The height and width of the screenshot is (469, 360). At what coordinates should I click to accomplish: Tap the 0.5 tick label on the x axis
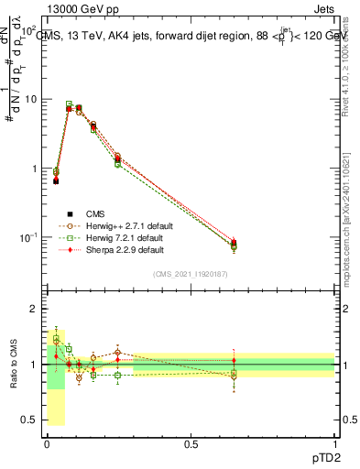191,442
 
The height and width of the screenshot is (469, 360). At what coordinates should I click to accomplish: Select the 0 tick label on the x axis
47,442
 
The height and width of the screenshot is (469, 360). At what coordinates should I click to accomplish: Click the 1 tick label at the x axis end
334,442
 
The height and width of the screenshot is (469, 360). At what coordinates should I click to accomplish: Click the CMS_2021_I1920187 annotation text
191,274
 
